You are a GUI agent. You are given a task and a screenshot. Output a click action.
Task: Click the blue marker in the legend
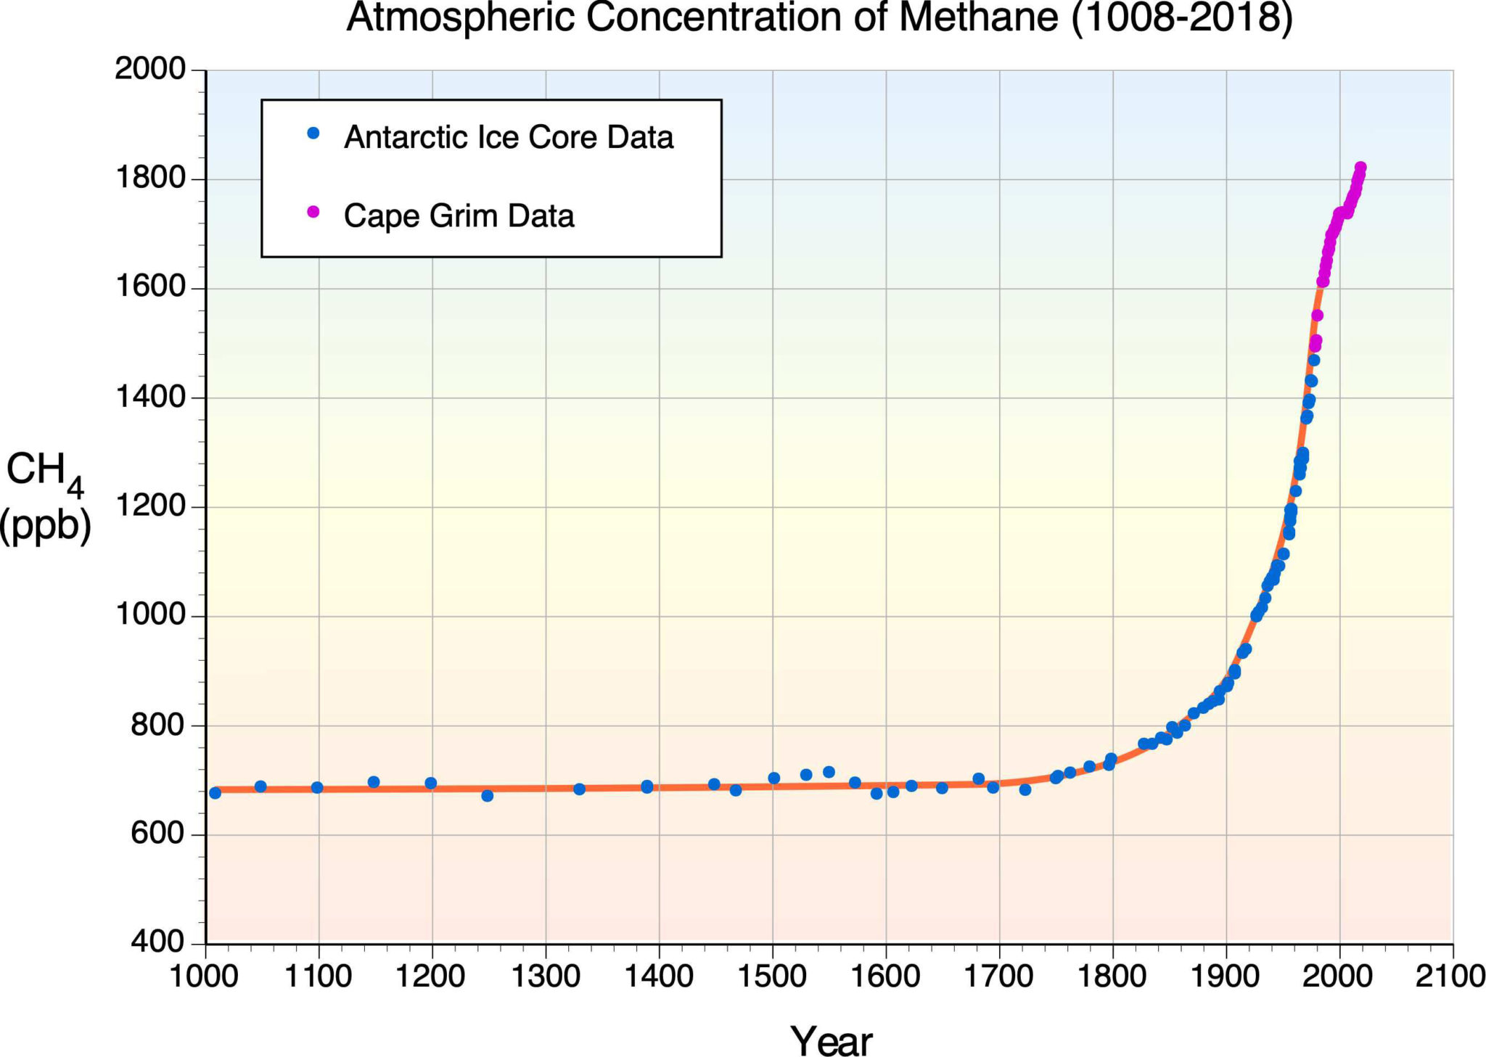coord(313,133)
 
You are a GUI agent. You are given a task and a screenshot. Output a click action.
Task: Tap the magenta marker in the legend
coord(313,212)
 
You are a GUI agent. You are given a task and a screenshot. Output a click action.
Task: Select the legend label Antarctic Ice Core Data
coord(509,137)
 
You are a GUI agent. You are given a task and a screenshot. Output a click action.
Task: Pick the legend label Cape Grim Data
coord(459,216)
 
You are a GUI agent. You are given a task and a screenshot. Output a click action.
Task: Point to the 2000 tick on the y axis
coord(151,70)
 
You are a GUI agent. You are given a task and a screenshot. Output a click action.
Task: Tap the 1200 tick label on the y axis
coord(151,506)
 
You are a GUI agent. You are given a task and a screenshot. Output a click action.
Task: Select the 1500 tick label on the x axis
coord(773,976)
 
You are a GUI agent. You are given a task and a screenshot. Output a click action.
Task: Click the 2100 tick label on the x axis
coord(1450,976)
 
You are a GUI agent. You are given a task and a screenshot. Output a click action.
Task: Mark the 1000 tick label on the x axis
coord(204,976)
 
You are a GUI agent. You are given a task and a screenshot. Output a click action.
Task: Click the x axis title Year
coord(831,1042)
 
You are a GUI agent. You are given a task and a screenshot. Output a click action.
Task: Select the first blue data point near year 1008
coord(215,793)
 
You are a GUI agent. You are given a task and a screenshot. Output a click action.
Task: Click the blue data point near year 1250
coord(487,796)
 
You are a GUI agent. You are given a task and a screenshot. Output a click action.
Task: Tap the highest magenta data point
coord(1360,168)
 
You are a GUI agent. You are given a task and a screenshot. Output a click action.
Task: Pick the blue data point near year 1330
coord(579,789)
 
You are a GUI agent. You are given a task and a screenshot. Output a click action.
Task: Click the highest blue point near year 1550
coord(829,772)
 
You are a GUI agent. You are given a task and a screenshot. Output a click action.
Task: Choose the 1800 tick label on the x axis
coord(1112,976)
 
